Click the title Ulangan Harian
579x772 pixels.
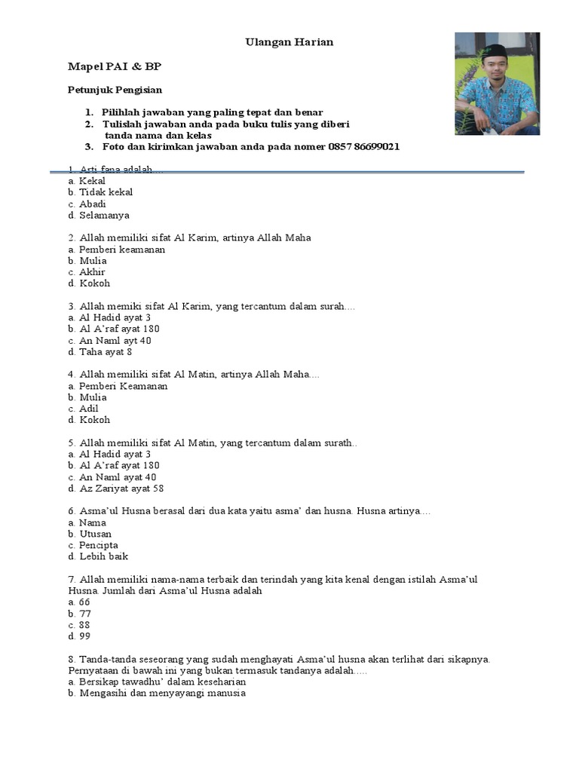pos(289,42)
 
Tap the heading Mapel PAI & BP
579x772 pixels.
pos(115,66)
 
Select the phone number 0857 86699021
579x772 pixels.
pos(363,147)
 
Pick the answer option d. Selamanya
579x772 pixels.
pos(98,215)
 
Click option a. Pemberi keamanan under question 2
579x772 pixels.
pos(116,250)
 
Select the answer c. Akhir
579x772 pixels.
pos(87,272)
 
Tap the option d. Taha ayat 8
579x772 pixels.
pos(100,352)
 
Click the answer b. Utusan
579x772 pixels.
pos(90,534)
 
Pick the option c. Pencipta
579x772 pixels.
pos(93,545)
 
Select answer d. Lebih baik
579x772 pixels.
pos(98,556)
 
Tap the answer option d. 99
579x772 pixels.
pos(79,636)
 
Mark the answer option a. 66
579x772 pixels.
pos(79,602)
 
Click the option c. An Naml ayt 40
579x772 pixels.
pos(109,341)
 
